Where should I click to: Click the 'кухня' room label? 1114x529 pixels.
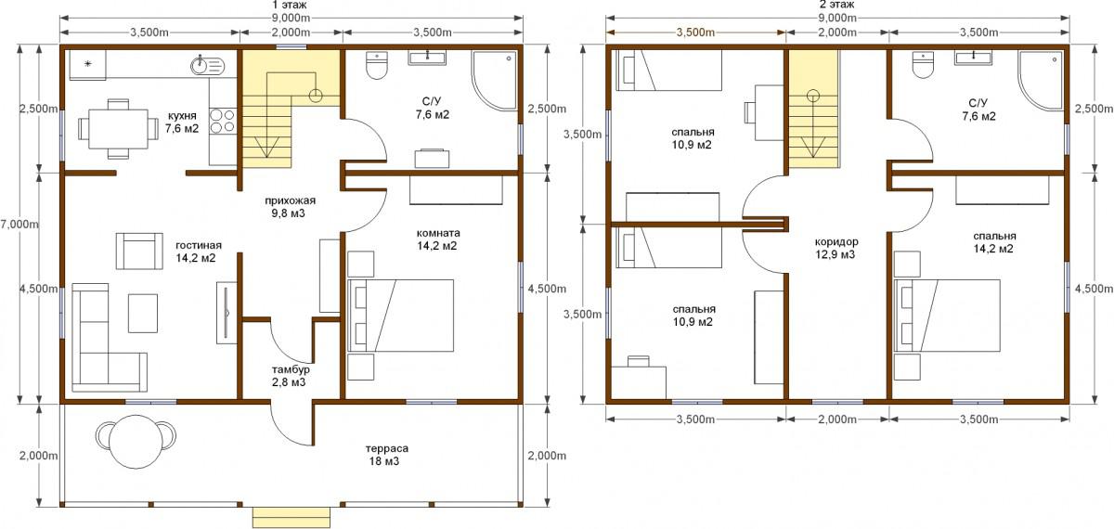[x=183, y=115]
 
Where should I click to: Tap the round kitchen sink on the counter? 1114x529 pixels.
[x=208, y=65]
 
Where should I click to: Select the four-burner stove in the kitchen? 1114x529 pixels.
[x=222, y=122]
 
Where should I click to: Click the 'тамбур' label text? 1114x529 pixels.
[x=291, y=370]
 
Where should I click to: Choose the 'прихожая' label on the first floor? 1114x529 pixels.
[x=290, y=200]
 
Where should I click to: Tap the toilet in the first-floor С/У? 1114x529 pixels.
[x=377, y=65]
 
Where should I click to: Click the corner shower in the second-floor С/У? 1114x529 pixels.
[x=1041, y=79]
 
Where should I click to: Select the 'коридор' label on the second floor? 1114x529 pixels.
[x=836, y=242]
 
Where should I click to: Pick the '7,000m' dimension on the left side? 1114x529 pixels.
[x=19, y=225]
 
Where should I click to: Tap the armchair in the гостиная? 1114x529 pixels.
[x=139, y=252]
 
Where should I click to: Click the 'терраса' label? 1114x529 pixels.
[x=389, y=448]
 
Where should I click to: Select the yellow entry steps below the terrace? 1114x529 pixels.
[x=291, y=518]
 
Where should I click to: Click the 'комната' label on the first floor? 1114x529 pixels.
[x=438, y=233]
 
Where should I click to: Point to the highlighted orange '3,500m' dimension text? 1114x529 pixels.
[x=695, y=32]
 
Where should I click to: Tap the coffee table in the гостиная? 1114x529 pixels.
[x=143, y=314]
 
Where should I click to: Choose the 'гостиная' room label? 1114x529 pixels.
[x=199, y=246]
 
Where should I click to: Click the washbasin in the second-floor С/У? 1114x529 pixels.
[x=973, y=58]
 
